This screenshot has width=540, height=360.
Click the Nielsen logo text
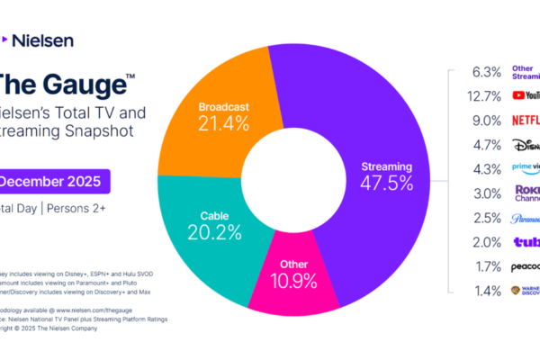pos(42,40)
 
